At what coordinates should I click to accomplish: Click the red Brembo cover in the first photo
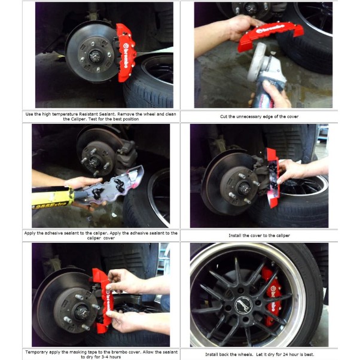point(126,53)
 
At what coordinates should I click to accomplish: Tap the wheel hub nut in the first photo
point(95,56)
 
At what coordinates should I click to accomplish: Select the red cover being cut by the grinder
point(271,36)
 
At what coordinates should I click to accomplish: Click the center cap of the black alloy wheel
point(243,305)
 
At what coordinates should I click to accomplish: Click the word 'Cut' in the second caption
point(224,117)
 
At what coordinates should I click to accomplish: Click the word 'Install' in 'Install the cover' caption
point(235,236)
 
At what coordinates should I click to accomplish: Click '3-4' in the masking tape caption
point(102,357)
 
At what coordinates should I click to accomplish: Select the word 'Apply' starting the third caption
point(30,233)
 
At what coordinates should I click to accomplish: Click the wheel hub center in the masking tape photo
point(82,312)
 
